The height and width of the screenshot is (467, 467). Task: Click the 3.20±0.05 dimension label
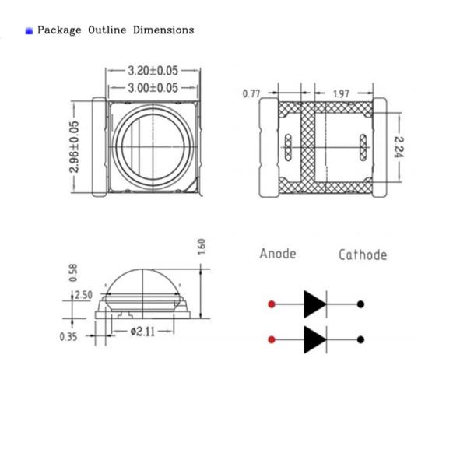(x=153, y=69)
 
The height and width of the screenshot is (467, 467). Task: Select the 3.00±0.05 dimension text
(x=153, y=87)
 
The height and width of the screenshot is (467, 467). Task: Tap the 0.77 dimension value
(x=251, y=93)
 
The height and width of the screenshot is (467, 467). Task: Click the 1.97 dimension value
(x=341, y=93)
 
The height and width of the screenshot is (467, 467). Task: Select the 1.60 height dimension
(x=202, y=247)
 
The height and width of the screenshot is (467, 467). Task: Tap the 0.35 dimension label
(x=68, y=336)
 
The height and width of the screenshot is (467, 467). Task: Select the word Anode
(x=278, y=254)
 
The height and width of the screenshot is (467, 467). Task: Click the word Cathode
(x=362, y=255)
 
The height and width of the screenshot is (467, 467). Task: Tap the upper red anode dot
(x=271, y=303)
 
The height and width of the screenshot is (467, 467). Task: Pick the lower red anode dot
(x=271, y=339)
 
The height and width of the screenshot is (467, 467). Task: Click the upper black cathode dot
(x=360, y=303)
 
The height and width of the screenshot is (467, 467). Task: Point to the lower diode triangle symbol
(x=314, y=339)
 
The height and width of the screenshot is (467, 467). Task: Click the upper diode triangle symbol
(x=314, y=303)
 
